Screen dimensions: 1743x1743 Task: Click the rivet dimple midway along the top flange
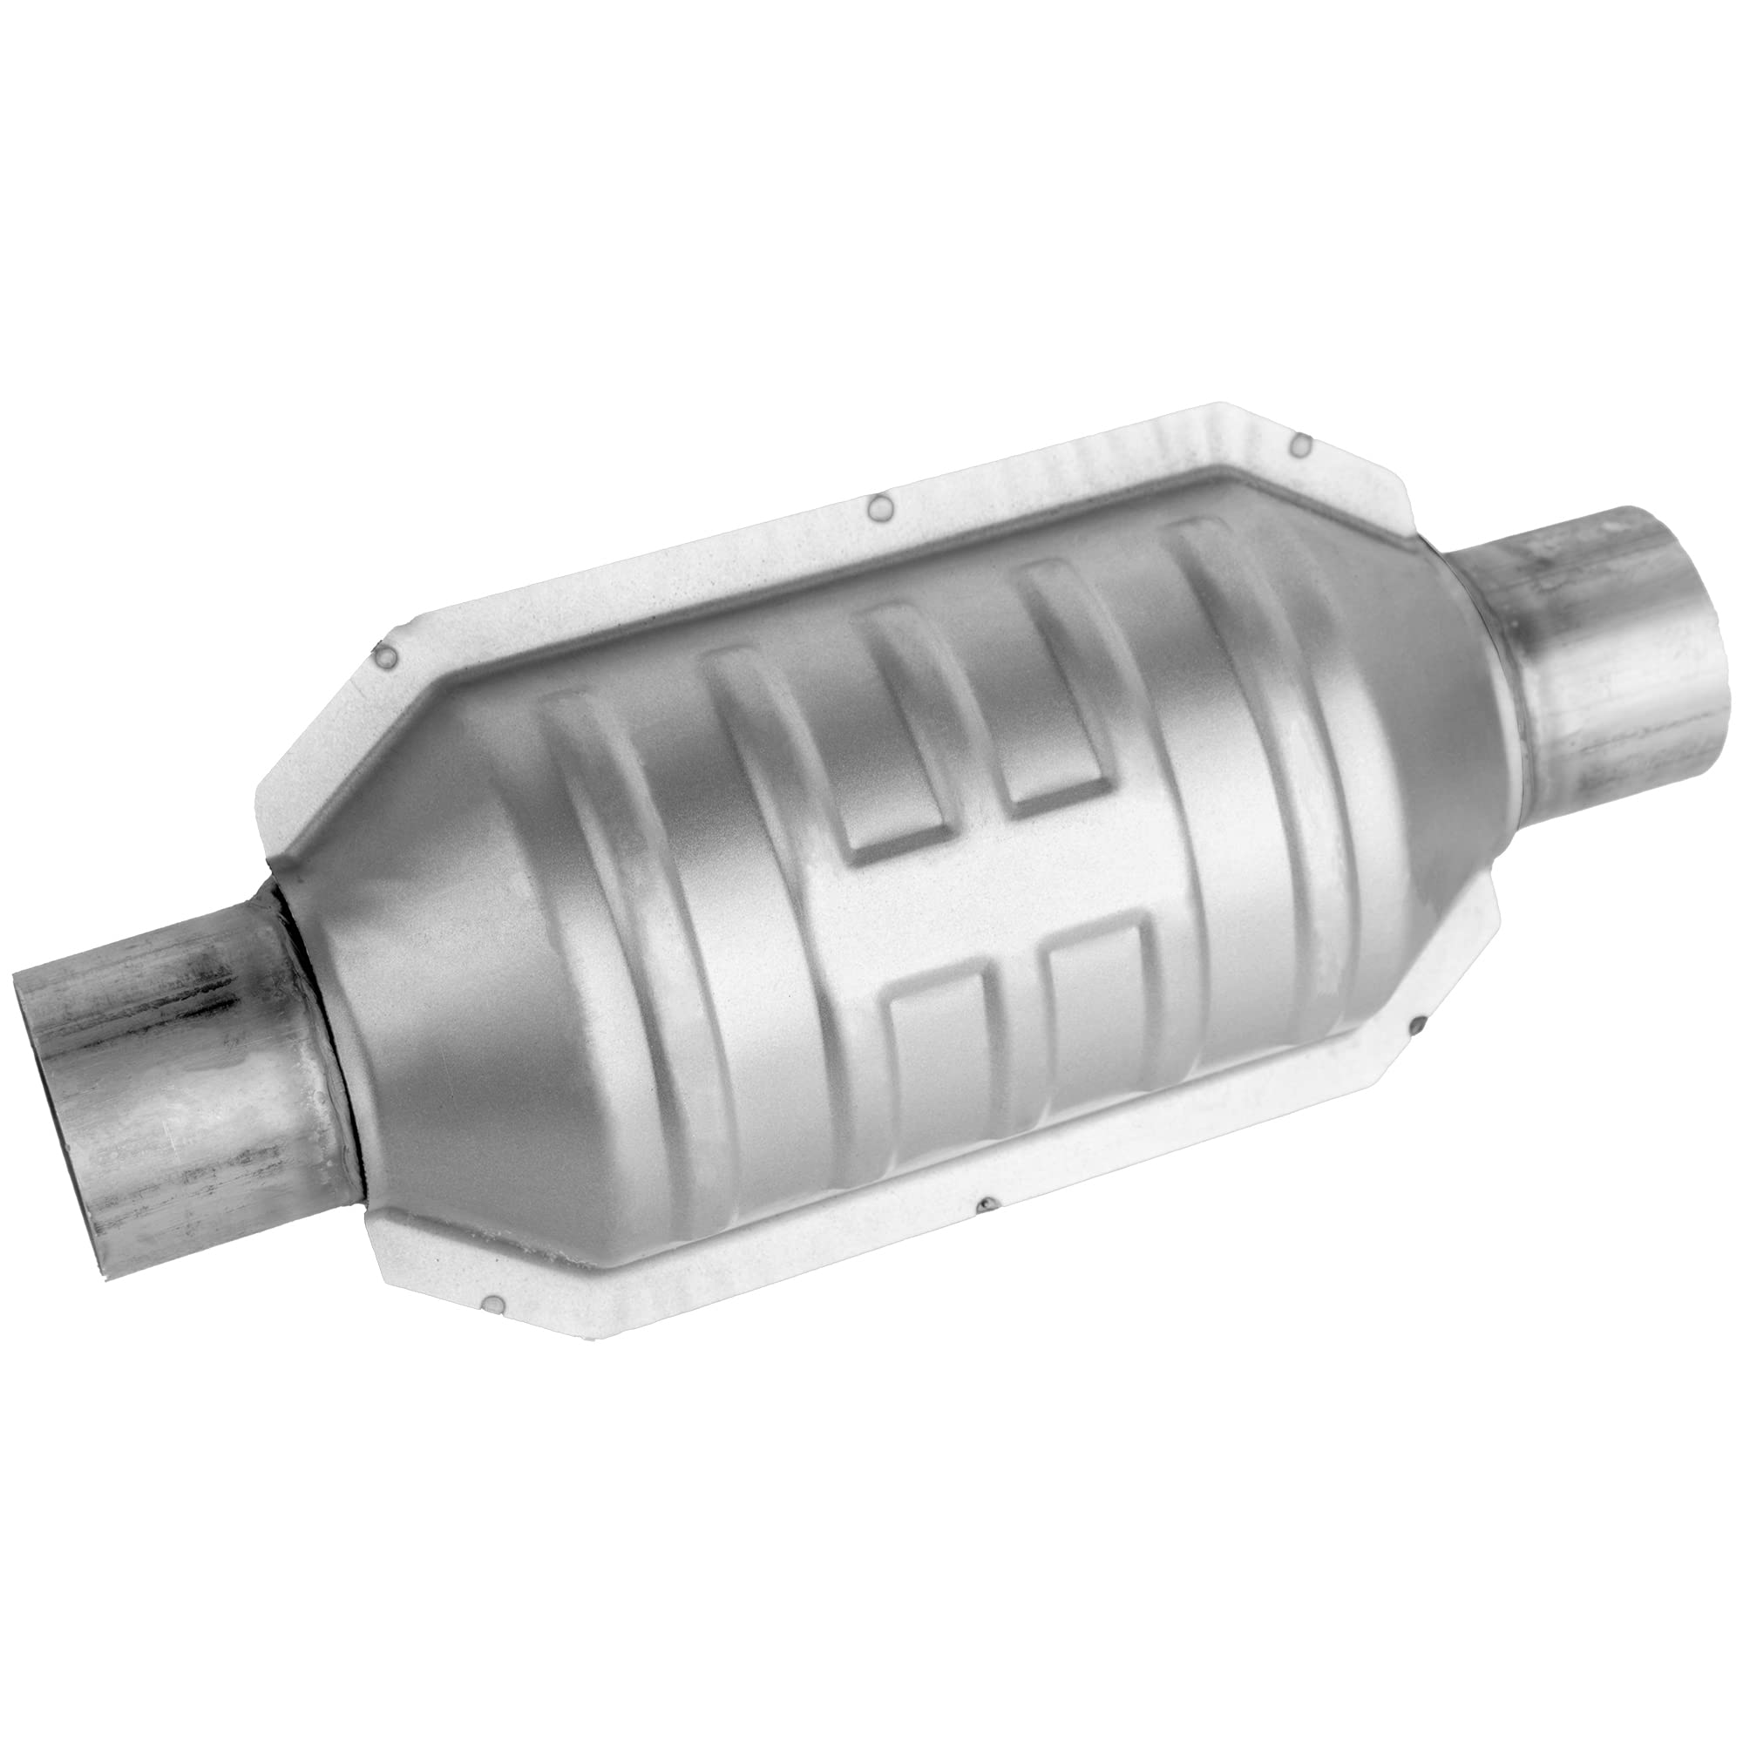pyautogui.click(x=877, y=511)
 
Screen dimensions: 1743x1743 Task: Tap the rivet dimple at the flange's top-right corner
pyautogui.click(x=1302, y=442)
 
